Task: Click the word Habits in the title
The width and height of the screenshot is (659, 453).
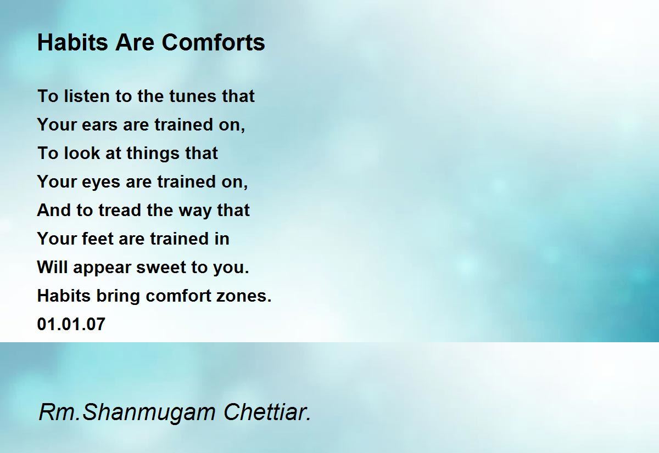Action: pyautogui.click(x=72, y=42)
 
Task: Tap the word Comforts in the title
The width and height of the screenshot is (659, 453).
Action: pyautogui.click(x=213, y=42)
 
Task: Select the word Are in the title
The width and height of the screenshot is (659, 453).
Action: pyautogui.click(x=135, y=42)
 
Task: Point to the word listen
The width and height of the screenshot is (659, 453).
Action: pyautogui.click(x=87, y=96)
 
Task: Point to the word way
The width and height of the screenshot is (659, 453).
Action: pyautogui.click(x=195, y=212)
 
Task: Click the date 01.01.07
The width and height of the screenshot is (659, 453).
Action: pyautogui.click(x=71, y=324)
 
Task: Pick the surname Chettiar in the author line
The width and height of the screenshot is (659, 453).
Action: pyautogui.click(x=267, y=412)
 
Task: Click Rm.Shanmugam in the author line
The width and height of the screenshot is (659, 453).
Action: pyautogui.click(x=127, y=413)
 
